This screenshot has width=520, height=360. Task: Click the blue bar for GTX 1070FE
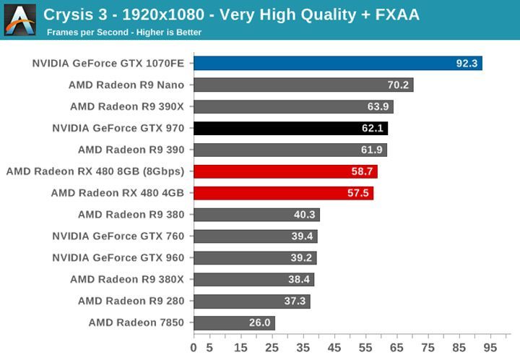[337, 64]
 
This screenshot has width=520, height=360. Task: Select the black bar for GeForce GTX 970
[290, 129]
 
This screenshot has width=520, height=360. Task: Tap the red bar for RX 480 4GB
[283, 193]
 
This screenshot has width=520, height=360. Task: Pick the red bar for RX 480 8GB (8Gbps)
[285, 172]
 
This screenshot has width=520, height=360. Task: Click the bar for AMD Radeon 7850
[234, 322]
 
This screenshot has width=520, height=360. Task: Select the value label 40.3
[304, 215]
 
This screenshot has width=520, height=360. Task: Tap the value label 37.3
[295, 301]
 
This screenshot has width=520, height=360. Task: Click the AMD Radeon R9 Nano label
[126, 85]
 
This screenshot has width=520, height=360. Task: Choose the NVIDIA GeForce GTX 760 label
[118, 236]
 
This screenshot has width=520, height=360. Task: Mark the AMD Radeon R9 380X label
[127, 279]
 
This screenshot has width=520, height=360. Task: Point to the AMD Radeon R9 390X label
[127, 107]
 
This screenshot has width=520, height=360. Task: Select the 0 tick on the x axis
[194, 347]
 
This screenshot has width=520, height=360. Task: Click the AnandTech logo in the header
[19, 20]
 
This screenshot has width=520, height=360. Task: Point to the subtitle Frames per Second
[87, 33]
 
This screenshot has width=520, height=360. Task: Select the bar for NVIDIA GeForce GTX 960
[255, 258]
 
